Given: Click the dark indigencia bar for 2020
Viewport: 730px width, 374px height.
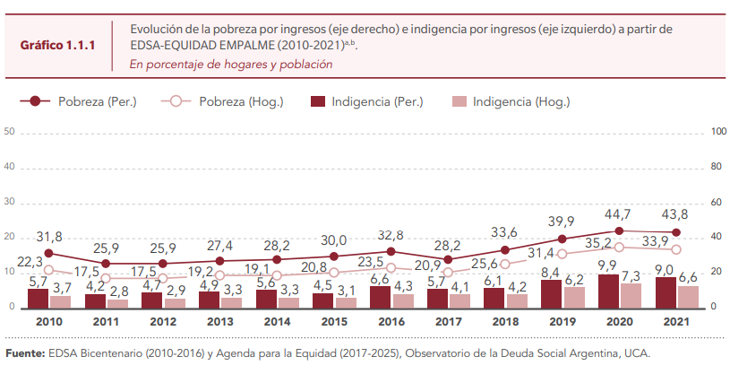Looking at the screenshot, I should tap(608, 291).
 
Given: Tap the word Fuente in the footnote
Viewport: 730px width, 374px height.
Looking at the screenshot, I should tap(24, 352).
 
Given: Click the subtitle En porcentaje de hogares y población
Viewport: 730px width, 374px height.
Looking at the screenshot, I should tap(230, 65).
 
